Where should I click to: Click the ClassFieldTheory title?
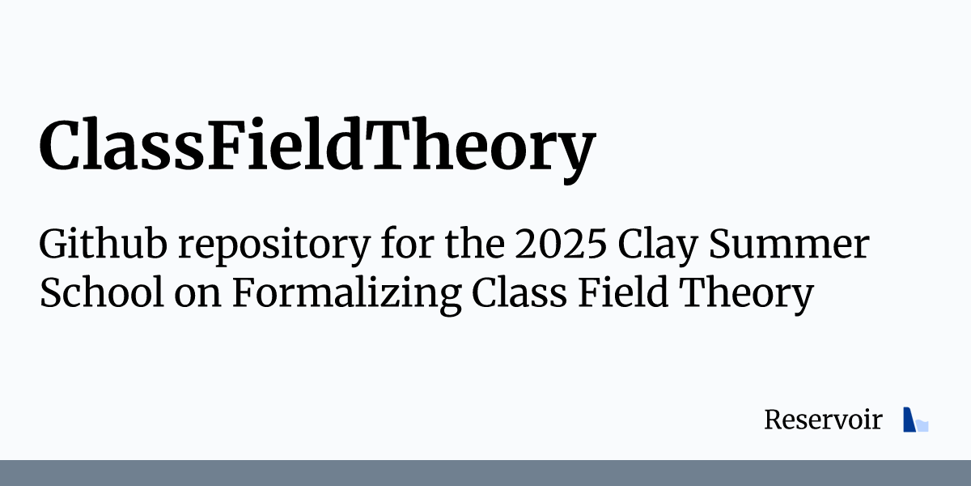[316, 147]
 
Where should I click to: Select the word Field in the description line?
[623, 293]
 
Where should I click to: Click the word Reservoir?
[822, 420]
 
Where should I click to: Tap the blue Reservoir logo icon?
[914, 420]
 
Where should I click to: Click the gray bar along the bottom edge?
[485, 473]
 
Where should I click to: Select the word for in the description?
[405, 245]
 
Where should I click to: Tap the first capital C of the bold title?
[61, 147]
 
